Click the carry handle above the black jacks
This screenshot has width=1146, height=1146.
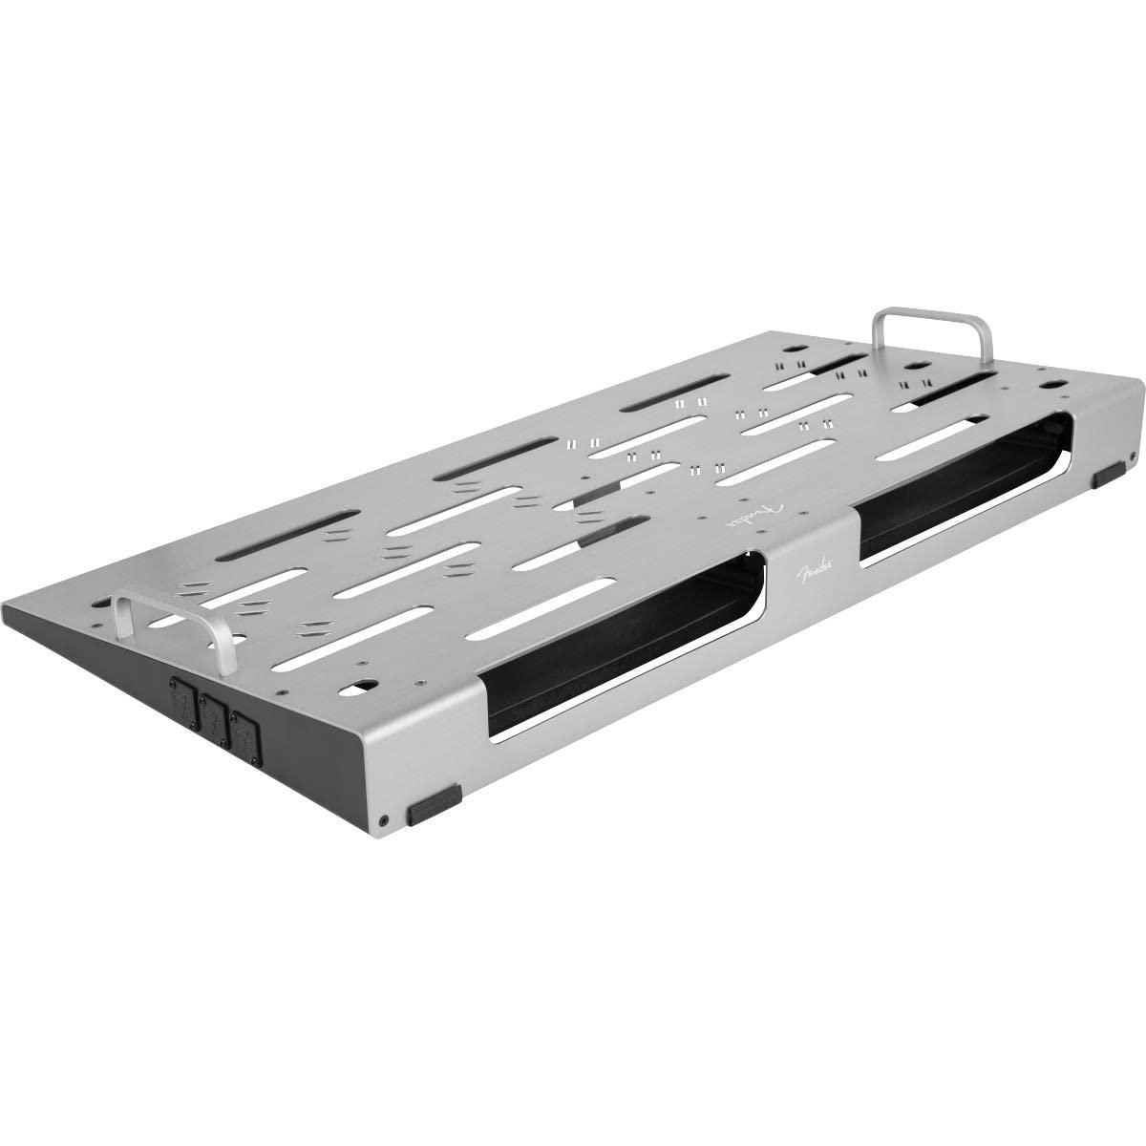pos(172,602)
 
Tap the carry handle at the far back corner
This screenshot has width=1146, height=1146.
pos(932,315)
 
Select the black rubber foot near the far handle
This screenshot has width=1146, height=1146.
pos(1111,473)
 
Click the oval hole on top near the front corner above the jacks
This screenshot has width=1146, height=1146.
pos(362,685)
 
